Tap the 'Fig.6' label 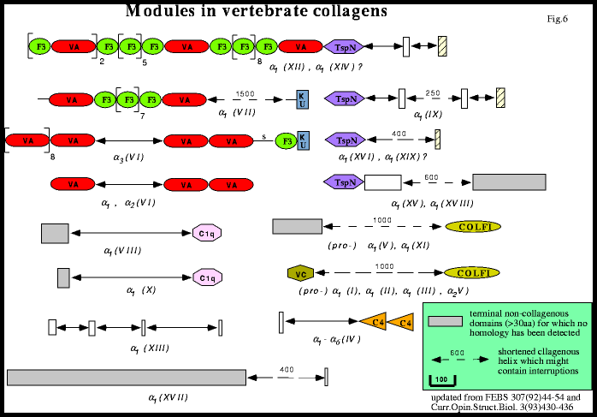[557, 19]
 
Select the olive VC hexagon [299, 273]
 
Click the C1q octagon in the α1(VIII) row [206, 233]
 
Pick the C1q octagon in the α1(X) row [206, 277]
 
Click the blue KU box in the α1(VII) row [302, 99]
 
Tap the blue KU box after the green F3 [302, 140]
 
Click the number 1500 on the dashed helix [245, 93]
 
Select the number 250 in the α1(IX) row [433, 93]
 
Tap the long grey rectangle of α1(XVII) [127, 377]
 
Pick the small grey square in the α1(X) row [63, 277]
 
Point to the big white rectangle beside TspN [382, 182]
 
